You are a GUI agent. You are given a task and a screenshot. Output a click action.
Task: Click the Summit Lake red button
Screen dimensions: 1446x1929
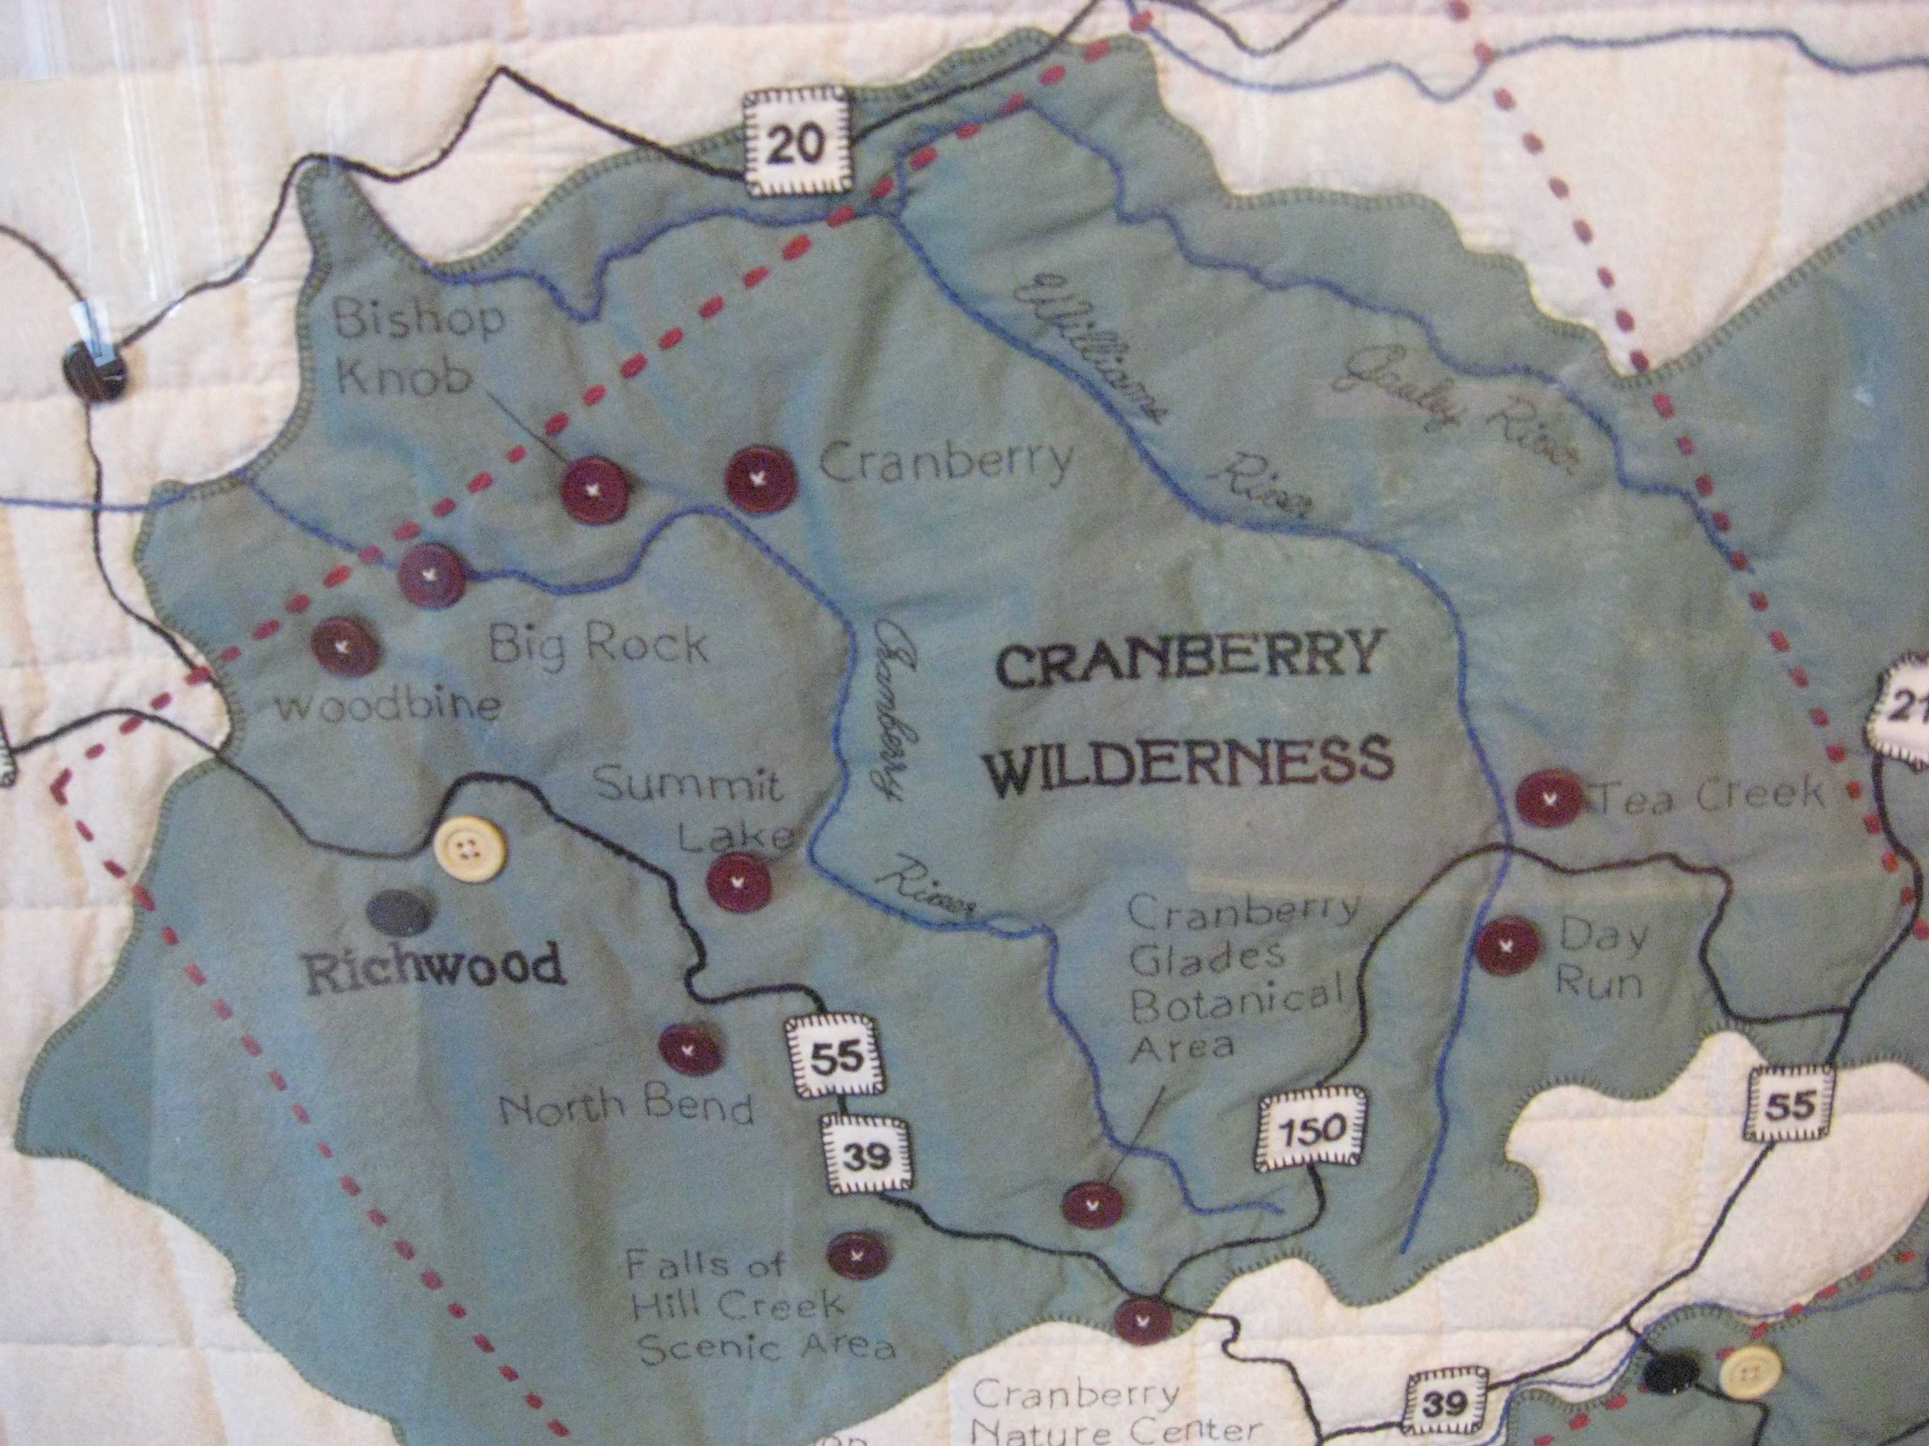tap(738, 881)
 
